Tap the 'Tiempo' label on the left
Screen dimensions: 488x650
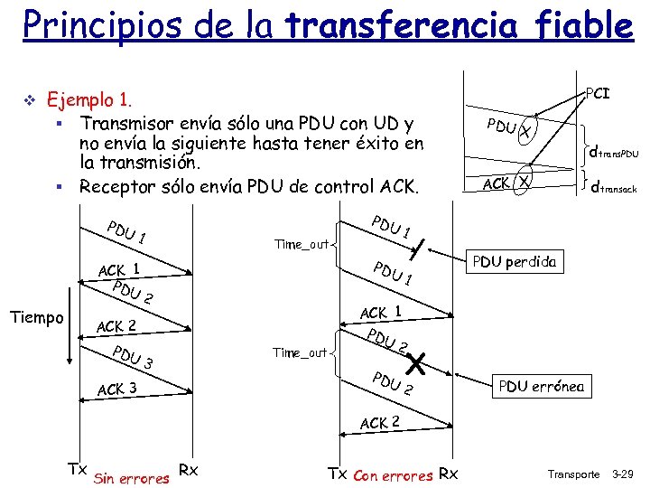36,317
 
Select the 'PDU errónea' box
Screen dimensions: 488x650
542,387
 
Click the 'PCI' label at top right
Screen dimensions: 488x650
599,92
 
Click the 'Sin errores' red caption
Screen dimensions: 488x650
132,477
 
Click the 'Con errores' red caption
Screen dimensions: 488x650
393,475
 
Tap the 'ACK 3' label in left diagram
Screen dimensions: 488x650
116,389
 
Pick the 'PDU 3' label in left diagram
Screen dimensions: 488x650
132,358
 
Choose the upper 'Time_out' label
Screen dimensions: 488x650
301,244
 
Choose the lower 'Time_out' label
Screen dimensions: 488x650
300,352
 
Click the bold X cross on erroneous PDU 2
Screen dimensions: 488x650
416,364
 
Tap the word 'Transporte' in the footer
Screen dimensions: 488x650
573,474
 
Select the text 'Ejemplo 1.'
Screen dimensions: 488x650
95,99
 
